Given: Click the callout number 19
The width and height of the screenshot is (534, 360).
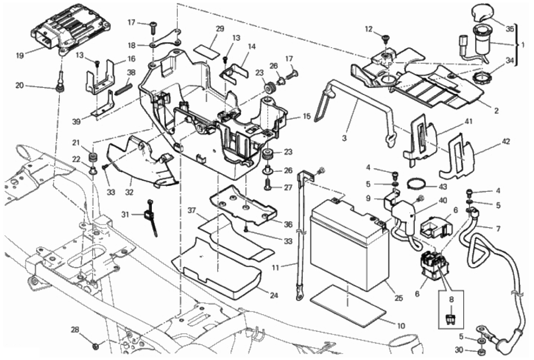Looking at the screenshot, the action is (20, 55).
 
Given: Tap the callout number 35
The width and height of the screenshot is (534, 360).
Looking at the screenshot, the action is (510, 29).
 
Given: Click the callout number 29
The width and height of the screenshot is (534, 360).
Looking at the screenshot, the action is (220, 29).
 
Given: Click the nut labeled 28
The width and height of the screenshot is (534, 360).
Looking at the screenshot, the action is (96, 346).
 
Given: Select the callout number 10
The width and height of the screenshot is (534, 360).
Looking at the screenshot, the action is (401, 326).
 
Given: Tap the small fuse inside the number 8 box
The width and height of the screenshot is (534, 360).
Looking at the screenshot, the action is (451, 319).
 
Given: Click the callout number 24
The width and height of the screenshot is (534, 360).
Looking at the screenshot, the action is (274, 295).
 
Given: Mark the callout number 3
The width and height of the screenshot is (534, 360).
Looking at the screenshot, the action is (345, 139).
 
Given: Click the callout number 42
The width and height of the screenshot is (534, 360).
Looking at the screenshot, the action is (506, 141).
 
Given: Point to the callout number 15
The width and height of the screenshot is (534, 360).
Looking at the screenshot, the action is (306, 117).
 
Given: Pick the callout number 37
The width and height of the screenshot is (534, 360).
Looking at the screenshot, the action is (192, 210).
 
